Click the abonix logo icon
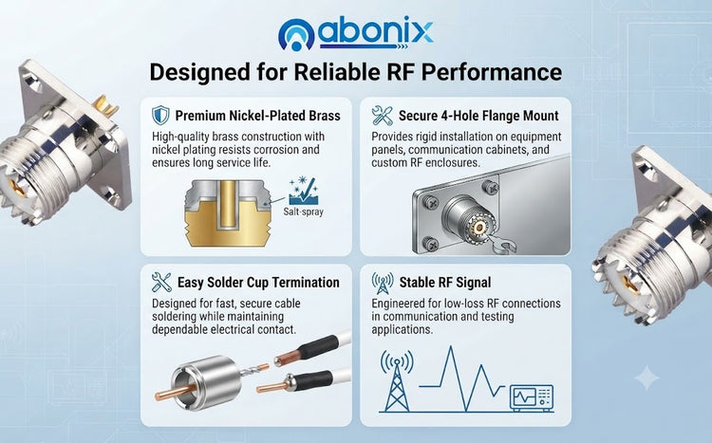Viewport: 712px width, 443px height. [x=296, y=34]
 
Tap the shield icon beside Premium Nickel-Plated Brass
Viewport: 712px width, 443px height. [x=160, y=116]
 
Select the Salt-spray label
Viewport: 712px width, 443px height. [x=304, y=212]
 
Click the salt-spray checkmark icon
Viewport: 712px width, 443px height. [x=304, y=191]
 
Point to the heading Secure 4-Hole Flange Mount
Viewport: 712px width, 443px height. [x=478, y=116]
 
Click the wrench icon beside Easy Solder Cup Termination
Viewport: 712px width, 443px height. [x=161, y=282]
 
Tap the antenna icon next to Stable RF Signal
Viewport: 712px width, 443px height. [x=383, y=283]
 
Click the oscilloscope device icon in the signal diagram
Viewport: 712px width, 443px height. [x=532, y=398]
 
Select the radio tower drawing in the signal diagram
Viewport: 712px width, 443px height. [x=397, y=380]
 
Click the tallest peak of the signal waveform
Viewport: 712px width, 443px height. [x=451, y=347]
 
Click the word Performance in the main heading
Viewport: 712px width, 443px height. [x=492, y=72]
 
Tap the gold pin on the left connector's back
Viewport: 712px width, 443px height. [x=104, y=106]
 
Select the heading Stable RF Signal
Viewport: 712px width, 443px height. [x=445, y=283]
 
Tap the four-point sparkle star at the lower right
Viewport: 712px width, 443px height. [x=646, y=378]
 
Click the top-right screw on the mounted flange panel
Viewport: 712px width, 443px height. [x=490, y=187]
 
